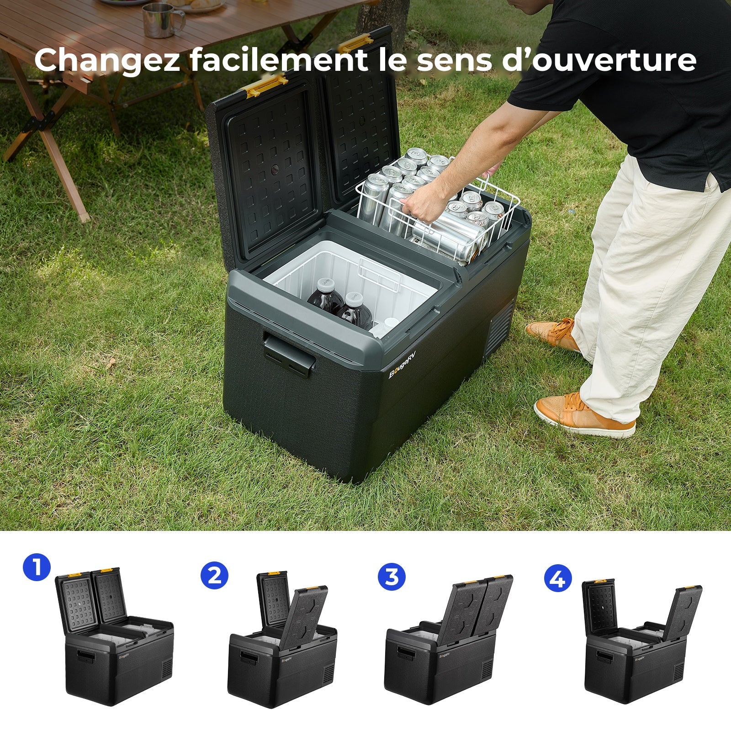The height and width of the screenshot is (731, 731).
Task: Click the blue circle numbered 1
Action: pos(37,567)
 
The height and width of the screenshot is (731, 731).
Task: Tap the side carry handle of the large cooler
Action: pos(289,353)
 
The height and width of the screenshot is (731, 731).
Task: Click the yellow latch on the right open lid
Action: pos(355,44)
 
